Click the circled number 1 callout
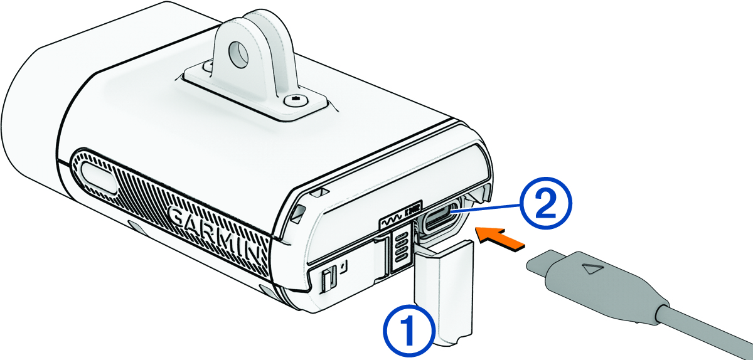(x=408, y=327)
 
